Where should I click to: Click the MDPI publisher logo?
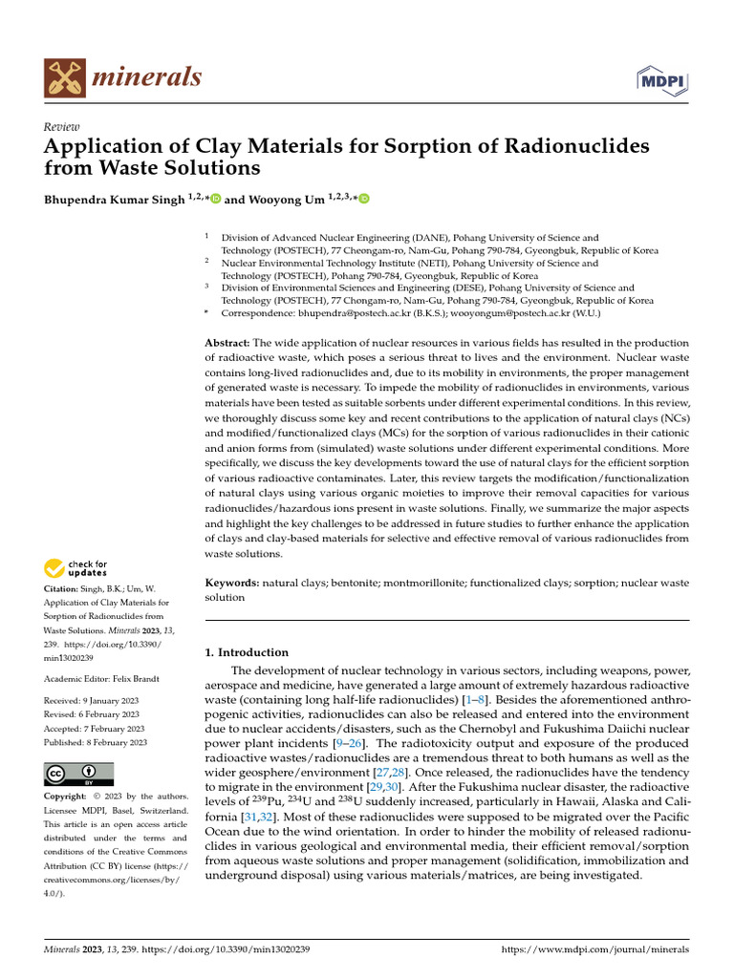point(668,80)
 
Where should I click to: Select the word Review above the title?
point(62,127)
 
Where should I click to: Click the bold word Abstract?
point(227,343)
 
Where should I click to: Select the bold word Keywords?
point(232,582)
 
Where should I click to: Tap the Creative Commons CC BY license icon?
point(78,774)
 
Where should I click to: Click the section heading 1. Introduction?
point(247,652)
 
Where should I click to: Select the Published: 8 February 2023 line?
point(96,742)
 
